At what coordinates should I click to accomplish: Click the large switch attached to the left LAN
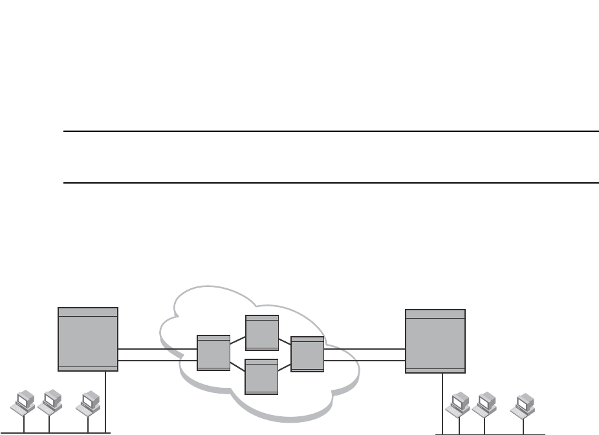coord(88,339)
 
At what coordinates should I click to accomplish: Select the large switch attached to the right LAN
coord(435,341)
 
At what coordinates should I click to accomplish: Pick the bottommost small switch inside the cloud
coord(262,376)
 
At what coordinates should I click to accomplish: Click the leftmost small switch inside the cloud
coord(213,353)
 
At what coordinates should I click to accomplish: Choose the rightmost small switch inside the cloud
coord(307,354)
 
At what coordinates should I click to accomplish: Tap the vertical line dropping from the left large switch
coord(105,401)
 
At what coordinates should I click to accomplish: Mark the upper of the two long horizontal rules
coord(330,132)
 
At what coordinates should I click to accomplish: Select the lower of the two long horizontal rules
coord(330,183)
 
